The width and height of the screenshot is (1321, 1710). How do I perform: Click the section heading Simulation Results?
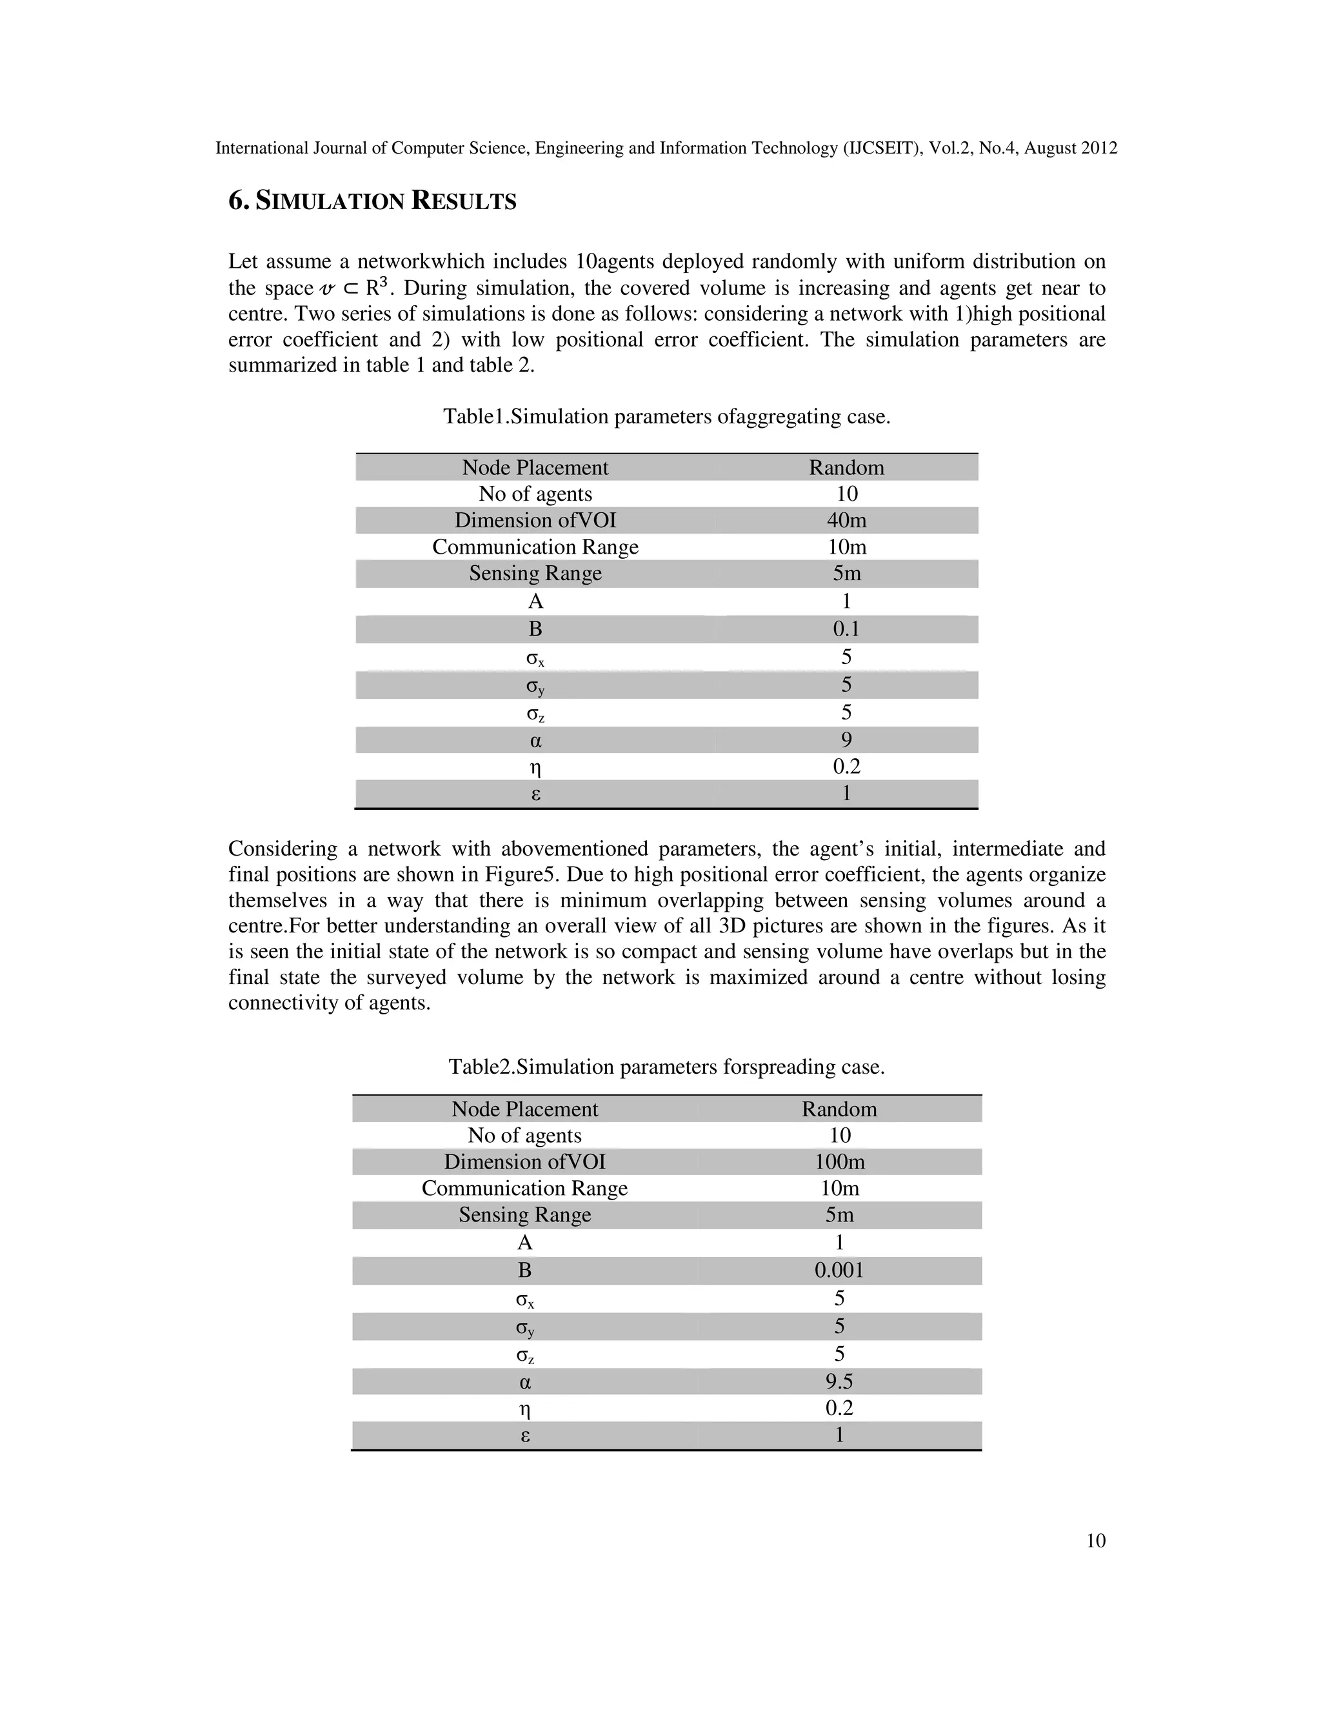pos(373,201)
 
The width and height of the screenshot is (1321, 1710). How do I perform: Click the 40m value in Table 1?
pos(846,520)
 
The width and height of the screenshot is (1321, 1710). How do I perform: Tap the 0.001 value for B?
pos(839,1269)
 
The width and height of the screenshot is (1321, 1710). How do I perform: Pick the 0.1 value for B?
pos(846,629)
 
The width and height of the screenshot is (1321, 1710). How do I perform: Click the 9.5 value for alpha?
pos(839,1380)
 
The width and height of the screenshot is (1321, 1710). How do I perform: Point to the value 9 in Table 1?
pos(846,740)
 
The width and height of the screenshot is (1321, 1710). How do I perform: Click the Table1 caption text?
pos(667,417)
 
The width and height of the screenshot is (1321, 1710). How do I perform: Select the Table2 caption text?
pos(667,1067)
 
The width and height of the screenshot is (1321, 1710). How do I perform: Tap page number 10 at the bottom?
pos(1096,1540)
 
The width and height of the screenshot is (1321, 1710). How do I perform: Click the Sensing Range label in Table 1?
pos(535,573)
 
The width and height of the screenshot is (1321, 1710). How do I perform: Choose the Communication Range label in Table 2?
pos(524,1188)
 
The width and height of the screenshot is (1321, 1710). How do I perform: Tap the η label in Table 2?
pos(525,1409)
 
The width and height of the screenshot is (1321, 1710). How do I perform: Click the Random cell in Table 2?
pos(839,1109)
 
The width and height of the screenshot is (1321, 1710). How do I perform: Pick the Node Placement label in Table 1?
pos(535,467)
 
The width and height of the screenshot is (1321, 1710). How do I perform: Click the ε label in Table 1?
pos(535,794)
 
